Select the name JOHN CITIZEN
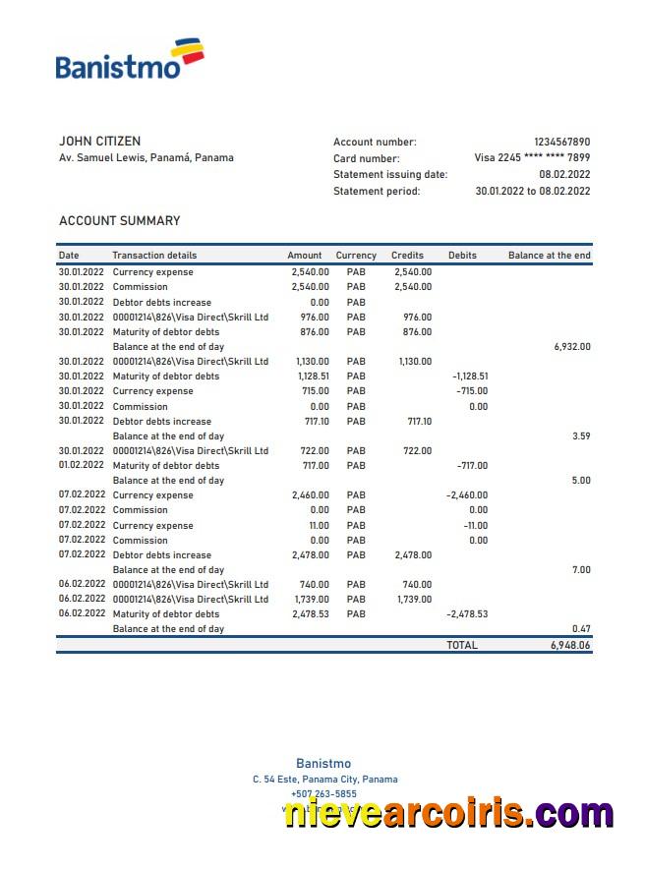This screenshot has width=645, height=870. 99,142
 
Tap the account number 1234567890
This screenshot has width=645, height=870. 561,142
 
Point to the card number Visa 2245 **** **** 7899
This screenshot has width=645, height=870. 532,157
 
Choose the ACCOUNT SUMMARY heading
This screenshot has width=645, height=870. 119,221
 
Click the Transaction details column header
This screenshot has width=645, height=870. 154,256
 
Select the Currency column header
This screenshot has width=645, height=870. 356,256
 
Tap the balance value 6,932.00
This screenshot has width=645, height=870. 572,347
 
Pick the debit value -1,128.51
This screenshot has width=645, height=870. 470,377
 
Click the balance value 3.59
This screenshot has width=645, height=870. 581,436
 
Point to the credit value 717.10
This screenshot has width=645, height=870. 419,421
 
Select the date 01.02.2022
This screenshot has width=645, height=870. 81,466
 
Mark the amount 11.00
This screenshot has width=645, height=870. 320,526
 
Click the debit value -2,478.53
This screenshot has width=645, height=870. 467,614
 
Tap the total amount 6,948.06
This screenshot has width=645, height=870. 570,646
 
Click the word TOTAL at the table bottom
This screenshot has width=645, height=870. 462,646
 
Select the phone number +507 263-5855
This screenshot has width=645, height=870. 323,794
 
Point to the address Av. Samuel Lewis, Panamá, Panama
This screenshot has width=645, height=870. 147,157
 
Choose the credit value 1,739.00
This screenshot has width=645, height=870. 414,600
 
